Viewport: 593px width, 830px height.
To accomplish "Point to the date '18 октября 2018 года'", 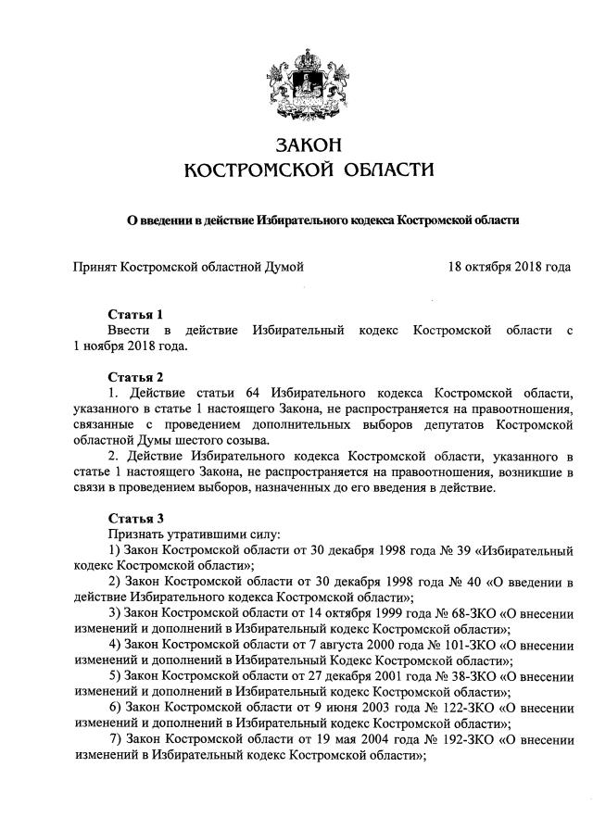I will coord(509,268).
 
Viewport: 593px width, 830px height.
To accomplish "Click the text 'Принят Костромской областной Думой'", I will coord(189,268).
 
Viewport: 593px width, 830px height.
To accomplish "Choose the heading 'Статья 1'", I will coord(135,314).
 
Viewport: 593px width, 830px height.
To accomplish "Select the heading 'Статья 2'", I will coord(135,377).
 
